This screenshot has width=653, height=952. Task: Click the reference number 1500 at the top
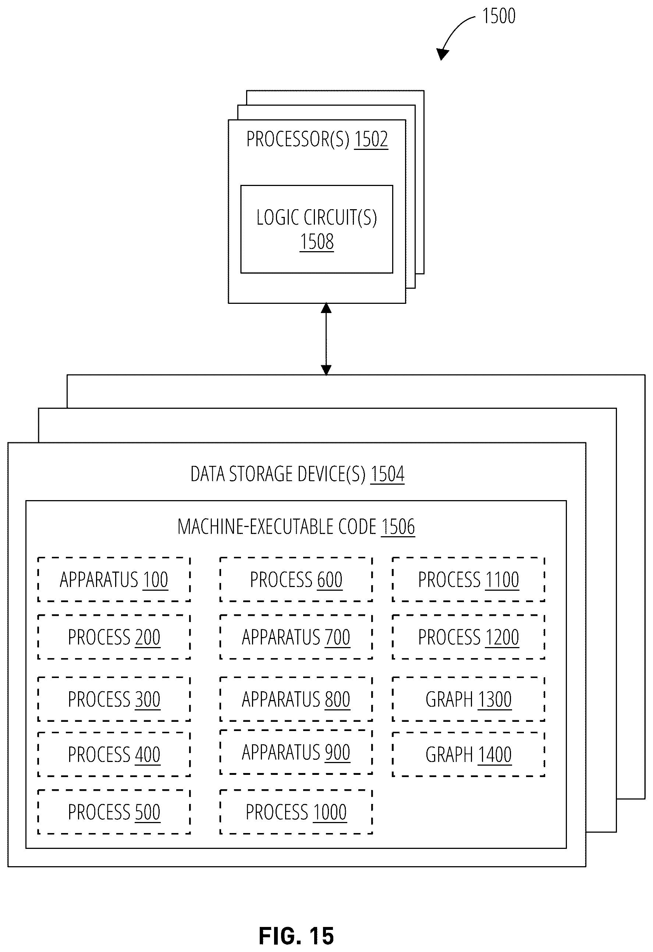[x=499, y=16]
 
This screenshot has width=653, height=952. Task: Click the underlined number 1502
[x=371, y=139]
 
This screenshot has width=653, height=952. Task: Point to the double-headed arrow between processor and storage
[x=326, y=339]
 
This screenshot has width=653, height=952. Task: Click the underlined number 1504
[x=387, y=474]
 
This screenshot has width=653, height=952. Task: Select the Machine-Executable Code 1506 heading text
[x=296, y=527]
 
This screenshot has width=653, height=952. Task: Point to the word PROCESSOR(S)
[x=298, y=139]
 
